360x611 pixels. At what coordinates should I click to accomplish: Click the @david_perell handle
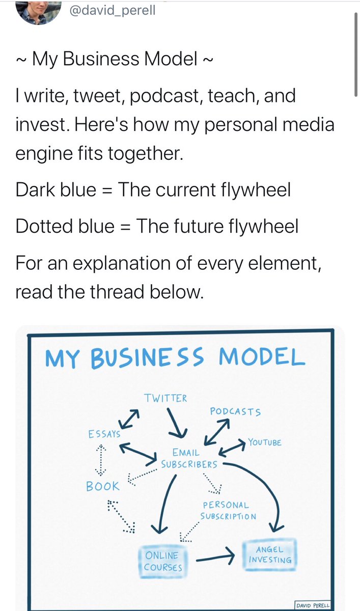[x=112, y=10]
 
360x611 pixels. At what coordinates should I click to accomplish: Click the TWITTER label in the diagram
[x=165, y=398]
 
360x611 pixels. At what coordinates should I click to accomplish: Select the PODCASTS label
[x=235, y=411]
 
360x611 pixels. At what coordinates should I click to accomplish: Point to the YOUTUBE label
[x=265, y=442]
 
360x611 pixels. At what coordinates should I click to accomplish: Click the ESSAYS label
[x=104, y=434]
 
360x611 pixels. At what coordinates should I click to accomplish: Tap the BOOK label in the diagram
[x=102, y=486]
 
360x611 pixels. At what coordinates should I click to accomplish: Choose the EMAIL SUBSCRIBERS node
[x=188, y=458]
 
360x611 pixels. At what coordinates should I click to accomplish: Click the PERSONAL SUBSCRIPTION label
[x=228, y=511]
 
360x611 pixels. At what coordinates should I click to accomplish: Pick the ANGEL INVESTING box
[x=270, y=554]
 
